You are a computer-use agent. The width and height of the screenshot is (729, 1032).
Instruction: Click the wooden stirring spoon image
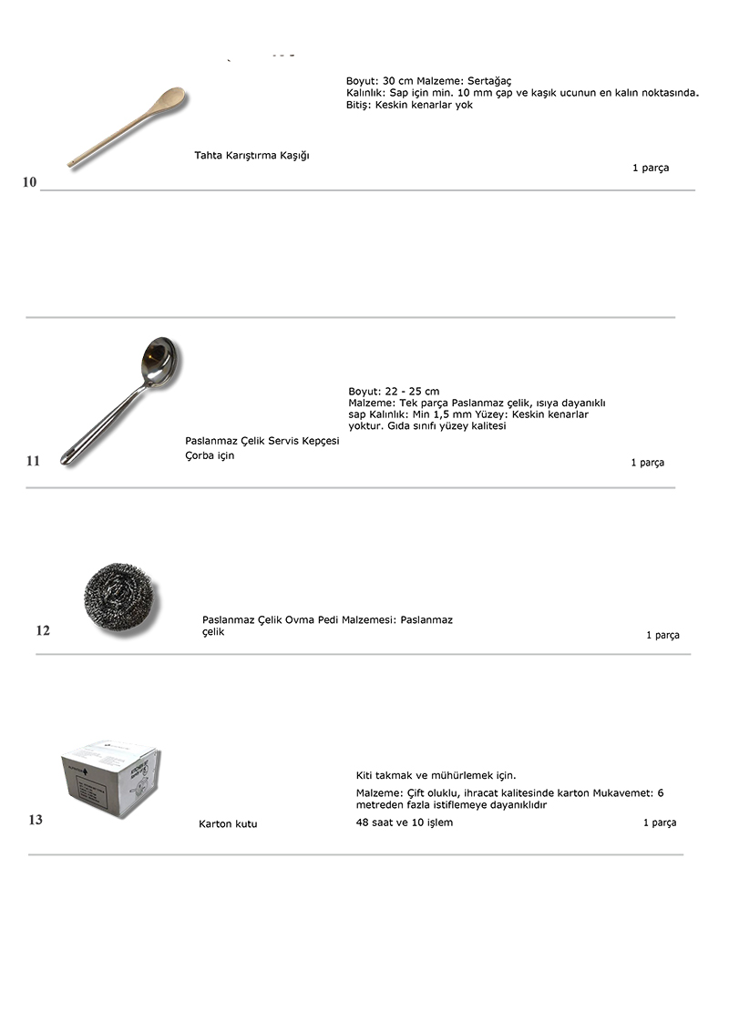128,128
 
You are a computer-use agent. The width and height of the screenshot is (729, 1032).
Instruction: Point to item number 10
29,182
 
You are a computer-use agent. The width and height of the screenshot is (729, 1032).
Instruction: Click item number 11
33,461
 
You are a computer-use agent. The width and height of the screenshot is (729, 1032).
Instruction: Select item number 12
43,630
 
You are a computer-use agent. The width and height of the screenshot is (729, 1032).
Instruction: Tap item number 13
35,820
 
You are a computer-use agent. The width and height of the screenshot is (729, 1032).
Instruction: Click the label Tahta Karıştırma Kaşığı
252,156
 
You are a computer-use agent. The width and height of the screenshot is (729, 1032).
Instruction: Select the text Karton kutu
228,824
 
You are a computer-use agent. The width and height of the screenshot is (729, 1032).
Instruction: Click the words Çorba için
210,455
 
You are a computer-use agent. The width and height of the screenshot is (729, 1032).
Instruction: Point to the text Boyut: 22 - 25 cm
394,392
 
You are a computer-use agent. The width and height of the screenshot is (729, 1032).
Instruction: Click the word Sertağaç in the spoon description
489,81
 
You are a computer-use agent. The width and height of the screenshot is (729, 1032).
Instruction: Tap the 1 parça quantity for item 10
650,169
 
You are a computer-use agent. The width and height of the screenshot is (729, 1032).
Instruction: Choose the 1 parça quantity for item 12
662,636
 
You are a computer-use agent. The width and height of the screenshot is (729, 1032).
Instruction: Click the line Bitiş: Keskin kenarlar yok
409,105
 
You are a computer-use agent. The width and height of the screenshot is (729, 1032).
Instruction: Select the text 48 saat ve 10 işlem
404,823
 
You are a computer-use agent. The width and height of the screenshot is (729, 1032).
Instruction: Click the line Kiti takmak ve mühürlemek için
436,776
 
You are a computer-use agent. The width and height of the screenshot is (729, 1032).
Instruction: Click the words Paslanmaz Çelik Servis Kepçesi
262,441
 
